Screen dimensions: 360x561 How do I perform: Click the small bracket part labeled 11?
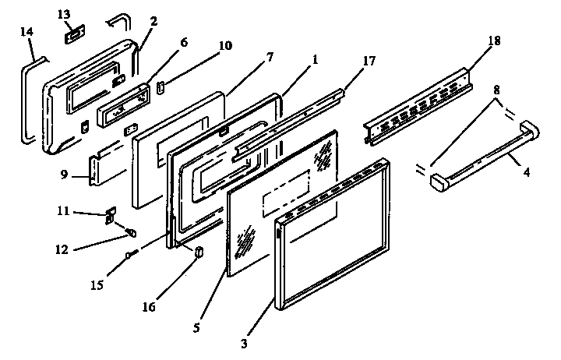pyautogui.click(x=109, y=215)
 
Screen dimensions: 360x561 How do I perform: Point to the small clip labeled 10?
pyautogui.click(x=161, y=86)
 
